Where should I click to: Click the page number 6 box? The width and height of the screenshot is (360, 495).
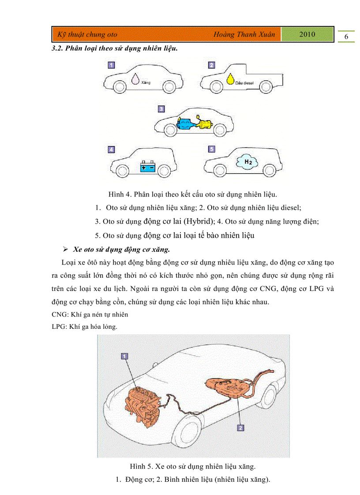click(x=346, y=37)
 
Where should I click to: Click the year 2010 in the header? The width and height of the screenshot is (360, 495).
click(x=307, y=34)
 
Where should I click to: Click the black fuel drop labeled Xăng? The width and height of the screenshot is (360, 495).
click(x=134, y=79)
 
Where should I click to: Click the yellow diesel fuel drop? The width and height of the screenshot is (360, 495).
click(x=230, y=79)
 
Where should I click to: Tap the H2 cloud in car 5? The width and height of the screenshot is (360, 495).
click(x=247, y=162)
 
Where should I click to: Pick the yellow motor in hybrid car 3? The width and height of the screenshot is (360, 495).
click(x=206, y=124)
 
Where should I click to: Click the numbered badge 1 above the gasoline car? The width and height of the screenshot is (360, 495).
click(x=112, y=65)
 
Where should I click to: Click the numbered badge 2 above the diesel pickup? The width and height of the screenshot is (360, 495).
click(x=212, y=65)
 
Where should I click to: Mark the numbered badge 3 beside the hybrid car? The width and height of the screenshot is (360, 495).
click(x=161, y=108)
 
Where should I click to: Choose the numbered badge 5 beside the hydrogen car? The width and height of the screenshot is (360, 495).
click(x=212, y=149)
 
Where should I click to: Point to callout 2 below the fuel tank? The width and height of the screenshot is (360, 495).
click(x=240, y=427)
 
